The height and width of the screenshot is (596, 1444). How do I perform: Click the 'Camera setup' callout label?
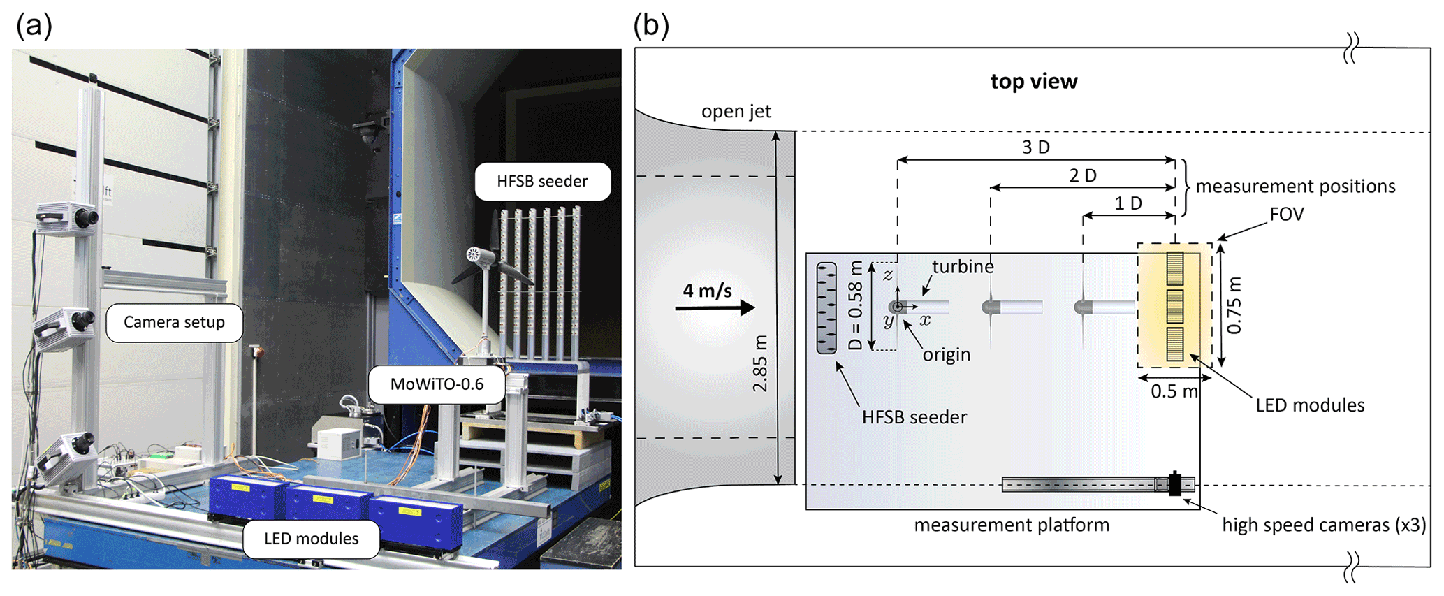[174, 322]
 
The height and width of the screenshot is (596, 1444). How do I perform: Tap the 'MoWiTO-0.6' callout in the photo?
[437, 384]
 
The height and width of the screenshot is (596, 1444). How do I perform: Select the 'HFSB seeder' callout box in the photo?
[542, 182]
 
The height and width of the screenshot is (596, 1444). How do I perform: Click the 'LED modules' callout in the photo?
[311, 539]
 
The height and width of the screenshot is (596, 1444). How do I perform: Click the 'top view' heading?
[1033, 82]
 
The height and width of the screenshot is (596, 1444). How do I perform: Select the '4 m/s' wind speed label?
[707, 291]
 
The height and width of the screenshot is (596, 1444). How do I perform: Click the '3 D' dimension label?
[1035, 147]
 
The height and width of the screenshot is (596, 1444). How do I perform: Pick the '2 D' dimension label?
[1082, 175]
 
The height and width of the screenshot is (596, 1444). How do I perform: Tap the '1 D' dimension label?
[1128, 203]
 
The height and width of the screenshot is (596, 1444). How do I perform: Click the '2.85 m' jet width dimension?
[760, 363]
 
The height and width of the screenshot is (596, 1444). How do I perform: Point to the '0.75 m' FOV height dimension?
[1234, 305]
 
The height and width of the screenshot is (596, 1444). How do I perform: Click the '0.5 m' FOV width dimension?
[1174, 391]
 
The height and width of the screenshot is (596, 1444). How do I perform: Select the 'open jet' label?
[736, 112]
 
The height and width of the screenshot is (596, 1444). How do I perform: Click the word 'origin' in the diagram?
[947, 354]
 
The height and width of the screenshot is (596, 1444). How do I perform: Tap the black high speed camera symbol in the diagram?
[1175, 484]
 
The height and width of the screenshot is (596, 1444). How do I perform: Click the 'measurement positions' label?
[1295, 187]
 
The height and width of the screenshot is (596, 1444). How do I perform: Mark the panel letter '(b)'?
[650, 26]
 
